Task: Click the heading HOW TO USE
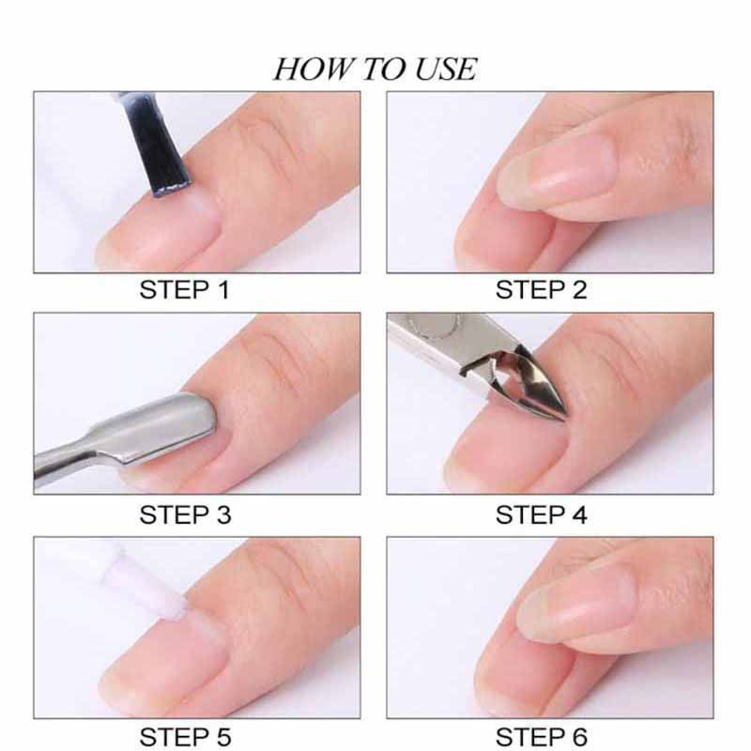pos(375,69)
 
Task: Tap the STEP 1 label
pos(184,290)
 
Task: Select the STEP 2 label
pos(541,290)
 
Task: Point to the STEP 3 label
pos(185,514)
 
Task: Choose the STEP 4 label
pos(542,514)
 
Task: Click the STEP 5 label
pos(185,736)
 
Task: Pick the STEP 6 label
pos(542,736)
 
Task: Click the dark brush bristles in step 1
pos(156,144)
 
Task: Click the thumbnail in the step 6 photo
pos(575,605)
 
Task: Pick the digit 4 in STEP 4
pos(579,514)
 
